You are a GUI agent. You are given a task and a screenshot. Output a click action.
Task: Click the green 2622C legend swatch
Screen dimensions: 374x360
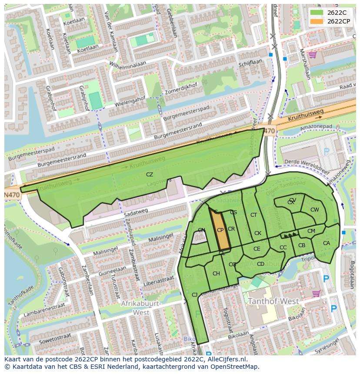[317, 13]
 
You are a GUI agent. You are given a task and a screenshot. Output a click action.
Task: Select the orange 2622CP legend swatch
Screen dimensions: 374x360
[317, 21]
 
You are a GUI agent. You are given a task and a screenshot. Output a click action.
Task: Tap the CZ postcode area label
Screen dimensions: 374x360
[150, 175]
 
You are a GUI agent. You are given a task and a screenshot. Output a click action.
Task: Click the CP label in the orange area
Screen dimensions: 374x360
[220, 230]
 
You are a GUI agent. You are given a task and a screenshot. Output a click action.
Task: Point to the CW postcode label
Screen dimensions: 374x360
[314, 210]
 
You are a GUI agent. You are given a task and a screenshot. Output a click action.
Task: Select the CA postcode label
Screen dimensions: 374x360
[327, 243]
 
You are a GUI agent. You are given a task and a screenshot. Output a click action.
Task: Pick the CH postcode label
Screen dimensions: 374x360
[216, 274]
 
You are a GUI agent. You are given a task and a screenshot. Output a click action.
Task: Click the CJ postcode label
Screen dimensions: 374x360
[194, 295]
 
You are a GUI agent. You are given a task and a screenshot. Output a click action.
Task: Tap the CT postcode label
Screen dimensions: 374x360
[254, 215]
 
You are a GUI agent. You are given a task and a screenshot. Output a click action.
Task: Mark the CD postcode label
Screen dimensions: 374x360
[260, 264]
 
